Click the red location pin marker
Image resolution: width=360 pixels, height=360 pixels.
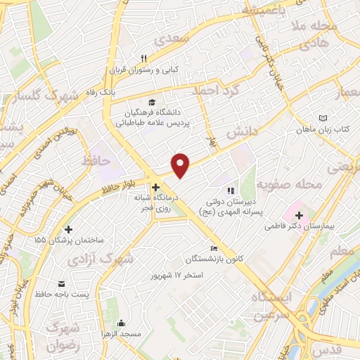(x=181, y=165)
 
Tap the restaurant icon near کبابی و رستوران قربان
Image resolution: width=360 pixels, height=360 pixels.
(x=143, y=58)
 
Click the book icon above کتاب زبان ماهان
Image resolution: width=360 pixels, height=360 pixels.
(x=323, y=118)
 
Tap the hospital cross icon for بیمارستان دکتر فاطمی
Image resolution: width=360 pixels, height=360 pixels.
(x=299, y=215)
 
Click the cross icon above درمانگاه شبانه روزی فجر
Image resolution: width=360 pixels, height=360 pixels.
(x=155, y=188)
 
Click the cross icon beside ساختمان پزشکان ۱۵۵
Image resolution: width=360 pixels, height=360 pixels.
(x=68, y=229)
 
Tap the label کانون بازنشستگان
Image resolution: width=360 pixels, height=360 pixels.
(x=214, y=259)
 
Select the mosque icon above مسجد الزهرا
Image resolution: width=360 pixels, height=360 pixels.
(x=121, y=323)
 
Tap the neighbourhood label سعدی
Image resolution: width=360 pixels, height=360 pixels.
(x=176, y=40)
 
